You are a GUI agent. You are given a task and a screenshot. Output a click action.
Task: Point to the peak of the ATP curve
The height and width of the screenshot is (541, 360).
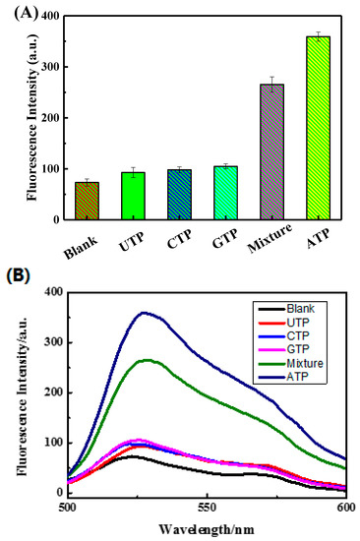coord(146,313)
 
